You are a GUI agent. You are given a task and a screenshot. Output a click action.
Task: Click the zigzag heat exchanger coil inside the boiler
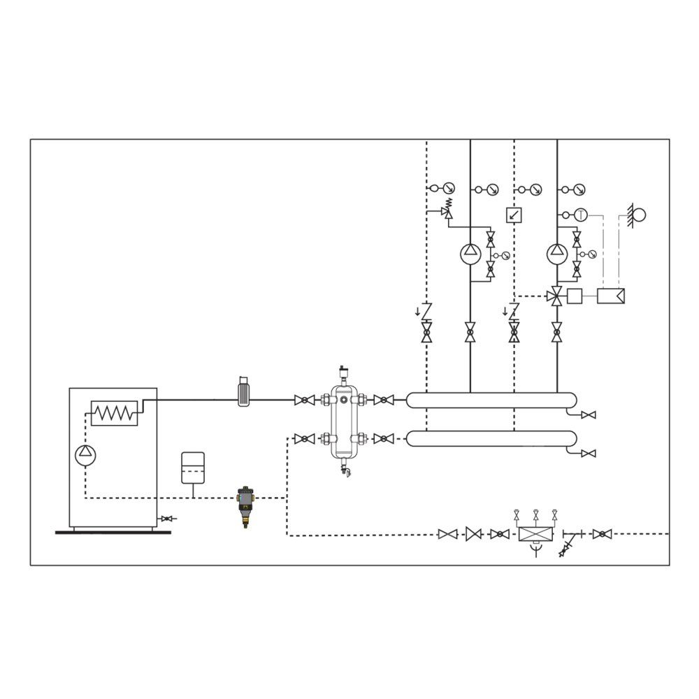(114, 413)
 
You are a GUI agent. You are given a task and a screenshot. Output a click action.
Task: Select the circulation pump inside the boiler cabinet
(85, 455)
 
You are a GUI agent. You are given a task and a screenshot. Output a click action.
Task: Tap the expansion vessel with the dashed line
(192, 468)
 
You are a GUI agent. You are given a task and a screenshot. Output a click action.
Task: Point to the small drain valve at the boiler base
(166, 519)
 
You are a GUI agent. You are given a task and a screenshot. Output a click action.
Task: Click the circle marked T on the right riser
(581, 215)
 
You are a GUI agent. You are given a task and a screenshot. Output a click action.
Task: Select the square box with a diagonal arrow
(514, 215)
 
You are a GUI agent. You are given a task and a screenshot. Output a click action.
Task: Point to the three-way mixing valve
(556, 296)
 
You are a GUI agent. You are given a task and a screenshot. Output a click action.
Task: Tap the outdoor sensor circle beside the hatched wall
(638, 215)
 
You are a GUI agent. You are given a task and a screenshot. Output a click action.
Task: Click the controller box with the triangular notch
(611, 296)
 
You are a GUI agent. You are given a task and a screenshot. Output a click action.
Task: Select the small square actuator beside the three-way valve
(575, 296)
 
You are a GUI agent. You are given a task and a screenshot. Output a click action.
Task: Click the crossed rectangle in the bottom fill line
(535, 535)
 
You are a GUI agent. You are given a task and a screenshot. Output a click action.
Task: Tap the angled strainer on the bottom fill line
(567, 545)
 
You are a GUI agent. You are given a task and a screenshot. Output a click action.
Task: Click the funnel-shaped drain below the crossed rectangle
(535, 552)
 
